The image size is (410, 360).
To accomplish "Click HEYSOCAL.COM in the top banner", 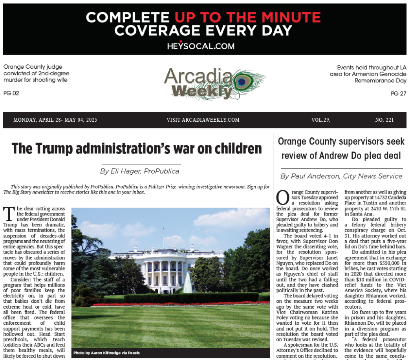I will tap(201, 46).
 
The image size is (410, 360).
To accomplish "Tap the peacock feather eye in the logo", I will tap(242, 82).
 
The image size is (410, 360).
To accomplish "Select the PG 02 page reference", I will tap(11, 93).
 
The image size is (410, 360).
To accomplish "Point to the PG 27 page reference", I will tap(399, 93).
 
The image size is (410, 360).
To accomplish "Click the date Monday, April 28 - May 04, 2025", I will tap(55, 120).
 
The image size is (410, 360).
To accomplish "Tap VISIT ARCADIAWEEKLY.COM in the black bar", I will tap(203, 120).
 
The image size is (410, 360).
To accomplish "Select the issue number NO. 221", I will tap(384, 120).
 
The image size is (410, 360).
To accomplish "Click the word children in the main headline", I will tap(236, 149).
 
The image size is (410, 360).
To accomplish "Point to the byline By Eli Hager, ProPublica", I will tap(139, 171).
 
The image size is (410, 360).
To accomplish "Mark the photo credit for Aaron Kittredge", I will tap(106, 353).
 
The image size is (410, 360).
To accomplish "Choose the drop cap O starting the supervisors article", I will tap(282, 197).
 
